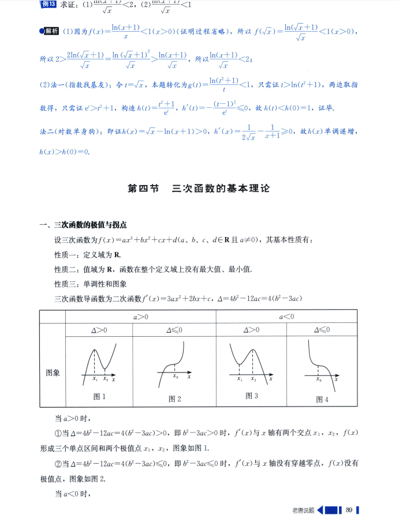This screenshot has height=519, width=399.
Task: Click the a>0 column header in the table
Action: click(x=140, y=317)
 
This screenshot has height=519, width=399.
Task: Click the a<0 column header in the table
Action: click(x=287, y=317)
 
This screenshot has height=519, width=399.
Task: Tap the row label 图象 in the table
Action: click(x=53, y=373)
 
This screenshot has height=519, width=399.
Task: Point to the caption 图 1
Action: click(x=99, y=396)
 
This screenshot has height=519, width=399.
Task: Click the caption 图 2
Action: click(x=175, y=398)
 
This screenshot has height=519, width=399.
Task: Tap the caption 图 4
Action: click(x=322, y=399)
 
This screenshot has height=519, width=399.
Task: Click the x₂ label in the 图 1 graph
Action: click(x=105, y=379)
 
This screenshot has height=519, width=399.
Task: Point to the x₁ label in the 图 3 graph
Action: click(x=240, y=379)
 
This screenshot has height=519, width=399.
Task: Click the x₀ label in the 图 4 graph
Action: click(x=319, y=379)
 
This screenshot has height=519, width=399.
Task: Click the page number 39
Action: click(x=349, y=509)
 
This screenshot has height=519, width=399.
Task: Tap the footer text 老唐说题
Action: click(x=303, y=510)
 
